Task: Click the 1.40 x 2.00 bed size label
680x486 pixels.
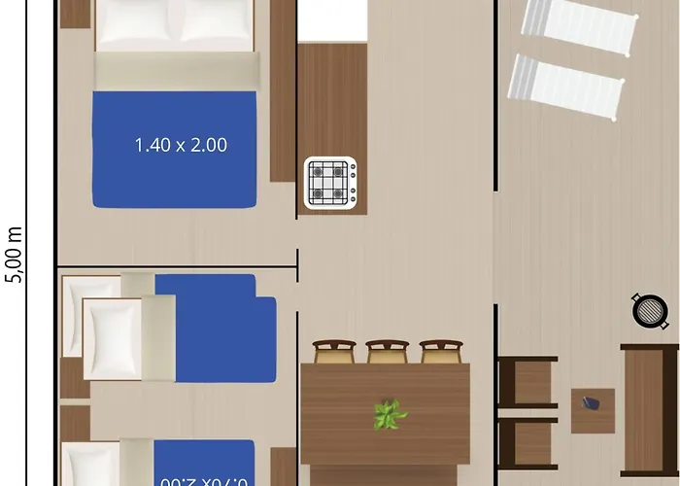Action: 181,146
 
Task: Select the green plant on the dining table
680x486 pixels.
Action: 390,415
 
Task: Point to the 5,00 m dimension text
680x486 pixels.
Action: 14,254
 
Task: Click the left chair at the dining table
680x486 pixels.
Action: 334,351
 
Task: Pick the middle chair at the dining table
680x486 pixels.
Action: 388,351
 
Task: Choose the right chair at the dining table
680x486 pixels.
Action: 441,351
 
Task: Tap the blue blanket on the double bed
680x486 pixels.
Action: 175,149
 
